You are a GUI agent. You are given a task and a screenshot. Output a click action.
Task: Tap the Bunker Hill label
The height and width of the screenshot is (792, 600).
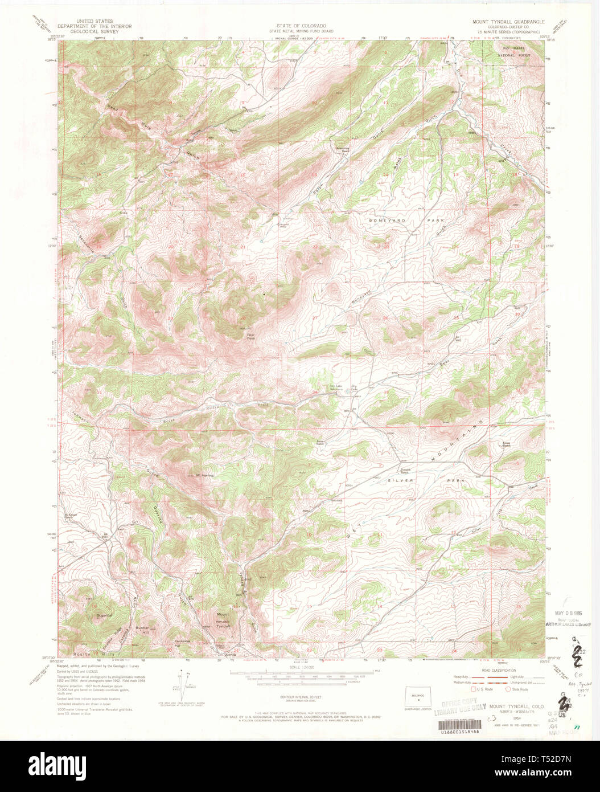(142, 631)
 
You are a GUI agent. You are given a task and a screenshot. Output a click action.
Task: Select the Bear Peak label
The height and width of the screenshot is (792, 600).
(250, 337)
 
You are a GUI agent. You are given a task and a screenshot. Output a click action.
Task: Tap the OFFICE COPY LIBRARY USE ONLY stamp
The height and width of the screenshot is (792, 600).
(460, 707)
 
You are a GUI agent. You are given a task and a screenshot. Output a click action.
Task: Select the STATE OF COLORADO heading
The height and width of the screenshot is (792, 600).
(301, 26)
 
